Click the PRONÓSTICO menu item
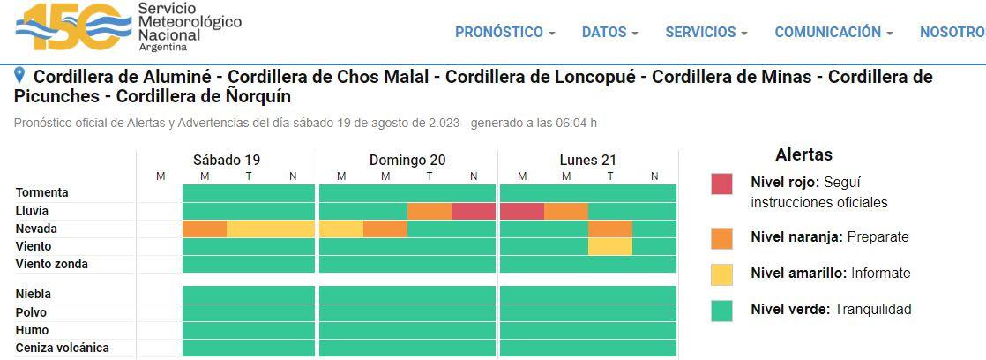(504, 32)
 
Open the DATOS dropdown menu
(609, 32)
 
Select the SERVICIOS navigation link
(706, 32)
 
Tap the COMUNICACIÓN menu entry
(833, 32)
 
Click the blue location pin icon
(21, 76)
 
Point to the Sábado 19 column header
(227, 160)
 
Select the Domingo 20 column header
(407, 160)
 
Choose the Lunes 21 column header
(588, 160)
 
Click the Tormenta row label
(42, 192)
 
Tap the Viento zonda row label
(52, 264)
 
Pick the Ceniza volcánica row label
(63, 348)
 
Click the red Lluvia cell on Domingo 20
(474, 212)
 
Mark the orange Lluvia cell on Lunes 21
(566, 212)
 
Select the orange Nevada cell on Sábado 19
(205, 229)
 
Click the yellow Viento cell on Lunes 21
(610, 247)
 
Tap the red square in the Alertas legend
(721, 184)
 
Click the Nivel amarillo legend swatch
(721, 274)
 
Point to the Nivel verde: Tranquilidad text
(831, 309)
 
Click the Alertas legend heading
(803, 155)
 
